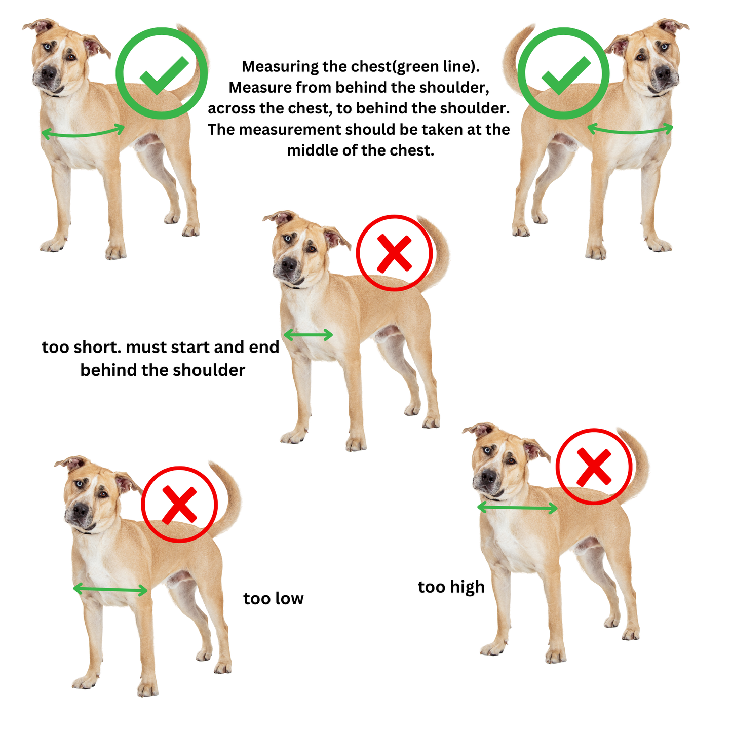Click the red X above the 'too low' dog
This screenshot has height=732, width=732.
[179, 505]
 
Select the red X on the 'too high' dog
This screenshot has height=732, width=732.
[594, 467]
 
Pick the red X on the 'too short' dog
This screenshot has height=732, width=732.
[394, 253]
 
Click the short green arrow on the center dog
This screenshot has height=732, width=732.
[308, 335]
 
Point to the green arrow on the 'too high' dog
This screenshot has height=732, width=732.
[517, 508]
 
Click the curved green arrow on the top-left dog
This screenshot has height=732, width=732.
[82, 134]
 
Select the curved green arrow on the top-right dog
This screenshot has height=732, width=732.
[630, 132]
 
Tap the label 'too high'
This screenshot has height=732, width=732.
[451, 587]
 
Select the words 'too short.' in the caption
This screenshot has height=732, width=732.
[82, 347]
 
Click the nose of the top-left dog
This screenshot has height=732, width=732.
[48, 72]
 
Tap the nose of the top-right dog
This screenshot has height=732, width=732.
[663, 72]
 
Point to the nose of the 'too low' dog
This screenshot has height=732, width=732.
[81, 510]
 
